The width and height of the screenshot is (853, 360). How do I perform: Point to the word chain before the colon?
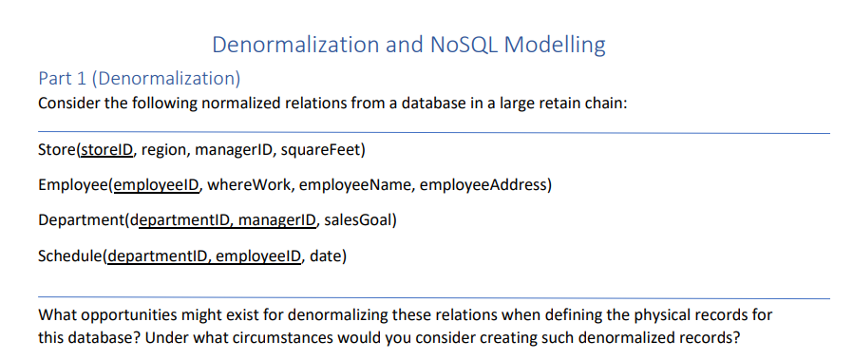605,103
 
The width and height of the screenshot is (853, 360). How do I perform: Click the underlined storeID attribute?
110,150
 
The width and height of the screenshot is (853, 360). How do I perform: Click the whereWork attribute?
241,184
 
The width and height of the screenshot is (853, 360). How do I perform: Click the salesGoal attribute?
356,220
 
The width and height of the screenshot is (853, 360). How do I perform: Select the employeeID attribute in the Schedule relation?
256,256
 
